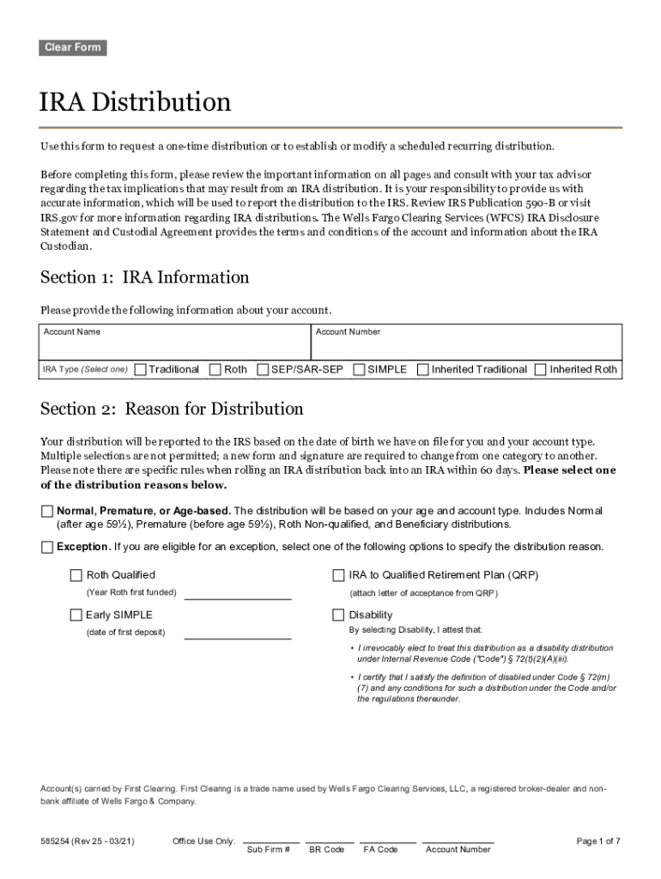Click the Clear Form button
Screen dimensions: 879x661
(72, 48)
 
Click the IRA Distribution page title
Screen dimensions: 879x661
(136, 103)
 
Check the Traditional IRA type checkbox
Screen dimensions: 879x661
(141, 370)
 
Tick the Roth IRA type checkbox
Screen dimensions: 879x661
(215, 370)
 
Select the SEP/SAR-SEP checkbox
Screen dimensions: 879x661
(263, 370)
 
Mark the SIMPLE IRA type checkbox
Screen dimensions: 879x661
(359, 370)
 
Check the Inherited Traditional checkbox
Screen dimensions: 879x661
(423, 370)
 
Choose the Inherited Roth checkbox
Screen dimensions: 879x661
(540, 370)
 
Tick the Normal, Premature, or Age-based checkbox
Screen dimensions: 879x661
(47, 512)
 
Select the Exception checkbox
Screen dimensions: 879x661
(47, 547)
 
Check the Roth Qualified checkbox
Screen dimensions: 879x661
(76, 575)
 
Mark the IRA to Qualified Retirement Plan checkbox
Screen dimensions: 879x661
(338, 575)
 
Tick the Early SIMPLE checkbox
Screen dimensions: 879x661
(76, 615)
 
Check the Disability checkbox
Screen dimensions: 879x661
(338, 615)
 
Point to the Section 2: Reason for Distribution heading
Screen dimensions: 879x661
(172, 409)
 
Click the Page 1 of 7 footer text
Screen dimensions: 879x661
(597, 841)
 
